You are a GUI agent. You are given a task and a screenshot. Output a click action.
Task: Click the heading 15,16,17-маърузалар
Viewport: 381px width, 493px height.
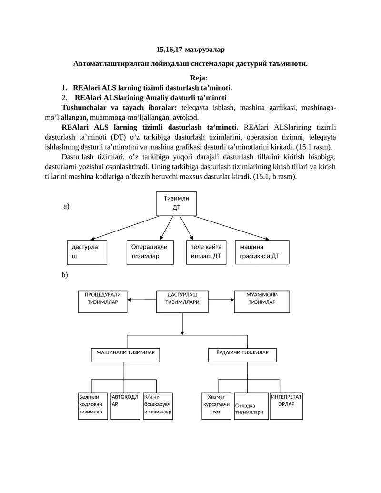190,50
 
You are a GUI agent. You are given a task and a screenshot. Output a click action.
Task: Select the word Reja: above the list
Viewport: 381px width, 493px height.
199,78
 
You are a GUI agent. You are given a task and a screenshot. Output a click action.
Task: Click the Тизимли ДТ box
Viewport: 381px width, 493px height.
176,203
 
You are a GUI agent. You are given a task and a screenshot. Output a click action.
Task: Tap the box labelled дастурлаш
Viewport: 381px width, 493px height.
87,252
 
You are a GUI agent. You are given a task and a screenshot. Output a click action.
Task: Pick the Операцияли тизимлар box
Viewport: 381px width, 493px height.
150,252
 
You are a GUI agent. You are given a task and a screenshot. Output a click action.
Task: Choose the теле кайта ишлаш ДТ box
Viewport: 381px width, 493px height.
206,252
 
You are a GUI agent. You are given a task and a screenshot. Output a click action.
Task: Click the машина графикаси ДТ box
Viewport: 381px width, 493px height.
262,252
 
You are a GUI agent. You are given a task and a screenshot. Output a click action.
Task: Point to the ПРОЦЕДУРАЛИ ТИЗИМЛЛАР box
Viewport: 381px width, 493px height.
103,302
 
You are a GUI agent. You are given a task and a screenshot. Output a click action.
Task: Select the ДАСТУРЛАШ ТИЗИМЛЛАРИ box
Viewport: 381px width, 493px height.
182,302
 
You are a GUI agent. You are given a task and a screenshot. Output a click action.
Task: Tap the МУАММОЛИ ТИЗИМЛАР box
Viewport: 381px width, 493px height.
262,302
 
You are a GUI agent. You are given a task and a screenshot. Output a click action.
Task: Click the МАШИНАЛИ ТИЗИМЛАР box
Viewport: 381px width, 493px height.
125,355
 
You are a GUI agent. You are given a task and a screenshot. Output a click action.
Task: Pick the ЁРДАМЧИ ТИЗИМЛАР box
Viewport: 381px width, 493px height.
242,355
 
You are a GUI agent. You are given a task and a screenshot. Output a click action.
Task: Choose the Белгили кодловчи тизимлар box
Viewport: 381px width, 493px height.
93,406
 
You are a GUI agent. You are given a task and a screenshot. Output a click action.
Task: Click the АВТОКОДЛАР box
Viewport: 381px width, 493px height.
125,406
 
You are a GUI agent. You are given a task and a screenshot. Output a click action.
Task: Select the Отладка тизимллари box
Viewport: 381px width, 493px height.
251,406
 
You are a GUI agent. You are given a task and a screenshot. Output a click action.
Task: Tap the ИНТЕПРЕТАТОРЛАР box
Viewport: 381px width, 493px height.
286,406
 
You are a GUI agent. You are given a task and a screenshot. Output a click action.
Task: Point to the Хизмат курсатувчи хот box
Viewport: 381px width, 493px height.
216,406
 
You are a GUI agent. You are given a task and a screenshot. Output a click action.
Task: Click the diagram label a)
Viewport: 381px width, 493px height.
66,206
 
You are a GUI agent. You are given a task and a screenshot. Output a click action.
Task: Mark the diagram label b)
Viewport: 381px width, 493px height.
65,275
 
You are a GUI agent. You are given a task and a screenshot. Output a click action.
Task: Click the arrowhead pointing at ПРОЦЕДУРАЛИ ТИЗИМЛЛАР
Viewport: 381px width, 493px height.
129,300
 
